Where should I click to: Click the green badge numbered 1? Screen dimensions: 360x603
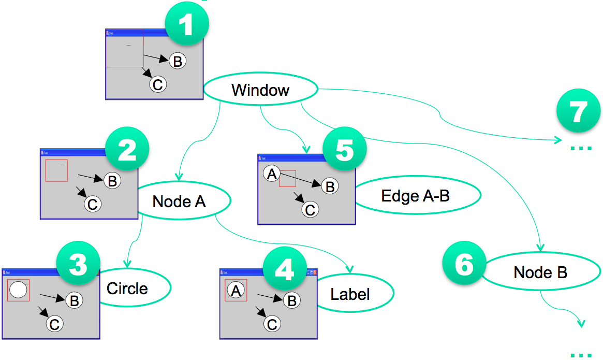coord(186,26)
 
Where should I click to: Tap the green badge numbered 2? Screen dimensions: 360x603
coord(127,150)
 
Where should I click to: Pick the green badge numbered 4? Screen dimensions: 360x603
coord(285,269)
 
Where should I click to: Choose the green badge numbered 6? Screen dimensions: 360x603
coord(464,265)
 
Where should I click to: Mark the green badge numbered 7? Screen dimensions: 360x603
coord(579,112)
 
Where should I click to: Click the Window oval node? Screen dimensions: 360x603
coord(260,90)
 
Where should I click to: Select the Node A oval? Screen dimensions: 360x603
coord(179,201)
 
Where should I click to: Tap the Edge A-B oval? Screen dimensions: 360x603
coord(415,196)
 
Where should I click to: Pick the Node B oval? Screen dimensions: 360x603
coord(540,272)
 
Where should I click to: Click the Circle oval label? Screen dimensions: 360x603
coord(128,289)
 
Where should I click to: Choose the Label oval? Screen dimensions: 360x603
coord(350,294)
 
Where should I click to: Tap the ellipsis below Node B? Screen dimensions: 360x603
coord(581,355)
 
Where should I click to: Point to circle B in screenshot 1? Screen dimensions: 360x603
coord(177,61)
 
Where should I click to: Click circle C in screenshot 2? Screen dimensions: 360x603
coord(92,204)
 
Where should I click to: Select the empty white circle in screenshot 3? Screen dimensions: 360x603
coord(18,290)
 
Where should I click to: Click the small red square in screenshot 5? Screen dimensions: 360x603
coord(287,178)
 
